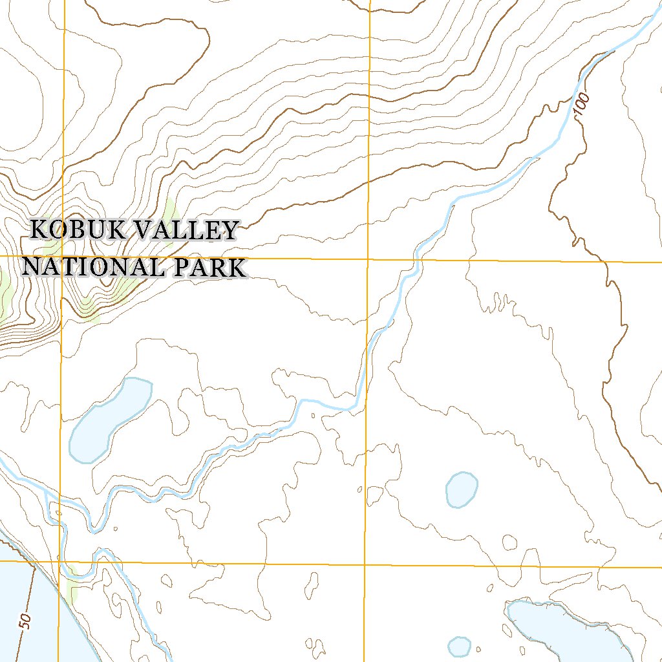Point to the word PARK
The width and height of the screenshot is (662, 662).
[x=211, y=266]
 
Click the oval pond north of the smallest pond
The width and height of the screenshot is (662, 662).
[x=462, y=489]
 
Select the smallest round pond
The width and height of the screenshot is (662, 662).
[x=459, y=646]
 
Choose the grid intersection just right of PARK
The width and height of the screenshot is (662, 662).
[x=368, y=259]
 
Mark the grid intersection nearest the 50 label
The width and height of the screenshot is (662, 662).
[x=59, y=561]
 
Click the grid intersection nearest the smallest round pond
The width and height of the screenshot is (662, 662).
[x=365, y=564]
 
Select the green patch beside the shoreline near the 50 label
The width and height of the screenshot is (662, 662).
[x=71, y=585]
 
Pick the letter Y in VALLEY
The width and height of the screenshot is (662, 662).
[x=230, y=230]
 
